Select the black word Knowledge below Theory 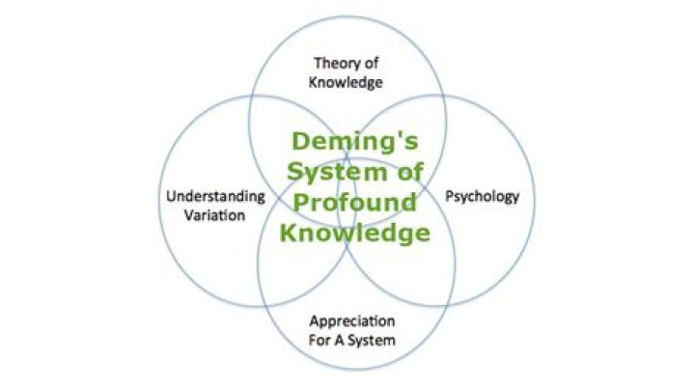(x=346, y=82)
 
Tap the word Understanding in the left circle (x=216, y=196)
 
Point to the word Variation (x=214, y=216)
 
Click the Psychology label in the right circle (x=483, y=196)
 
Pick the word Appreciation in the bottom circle (x=352, y=321)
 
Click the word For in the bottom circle (x=318, y=341)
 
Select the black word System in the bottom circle (x=372, y=341)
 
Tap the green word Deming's (x=355, y=142)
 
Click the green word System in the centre (x=337, y=173)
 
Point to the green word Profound (x=355, y=203)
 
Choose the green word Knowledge (x=355, y=233)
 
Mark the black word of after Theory (x=372, y=64)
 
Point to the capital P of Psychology (x=450, y=195)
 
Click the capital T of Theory (x=319, y=64)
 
